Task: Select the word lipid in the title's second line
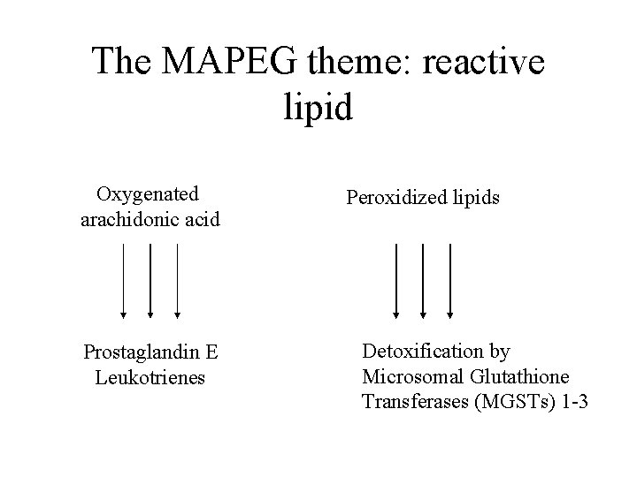(x=318, y=107)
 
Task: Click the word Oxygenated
(x=148, y=193)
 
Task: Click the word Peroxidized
(x=394, y=197)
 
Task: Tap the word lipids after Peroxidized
(x=473, y=197)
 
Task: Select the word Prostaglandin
(x=142, y=352)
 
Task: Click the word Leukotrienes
(x=149, y=377)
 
